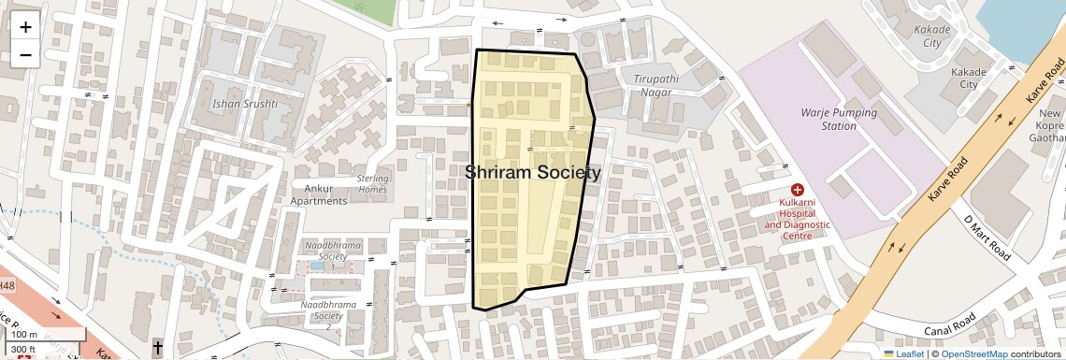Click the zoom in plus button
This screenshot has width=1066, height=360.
[25, 26]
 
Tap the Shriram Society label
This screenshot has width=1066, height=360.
[533, 173]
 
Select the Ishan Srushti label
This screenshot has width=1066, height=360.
[246, 104]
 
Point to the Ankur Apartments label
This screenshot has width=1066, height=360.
[319, 194]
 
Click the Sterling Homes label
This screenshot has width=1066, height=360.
[372, 184]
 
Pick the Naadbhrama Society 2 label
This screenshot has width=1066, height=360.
[329, 310]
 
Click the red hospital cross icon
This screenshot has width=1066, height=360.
[798, 190]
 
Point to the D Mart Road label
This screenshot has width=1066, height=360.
[987, 238]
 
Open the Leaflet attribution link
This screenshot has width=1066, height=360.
[903, 353]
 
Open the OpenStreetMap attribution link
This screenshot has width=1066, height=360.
[973, 353]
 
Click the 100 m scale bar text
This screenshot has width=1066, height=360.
[25, 334]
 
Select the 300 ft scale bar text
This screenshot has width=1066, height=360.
[24, 349]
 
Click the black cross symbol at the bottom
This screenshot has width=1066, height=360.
[157, 348]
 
